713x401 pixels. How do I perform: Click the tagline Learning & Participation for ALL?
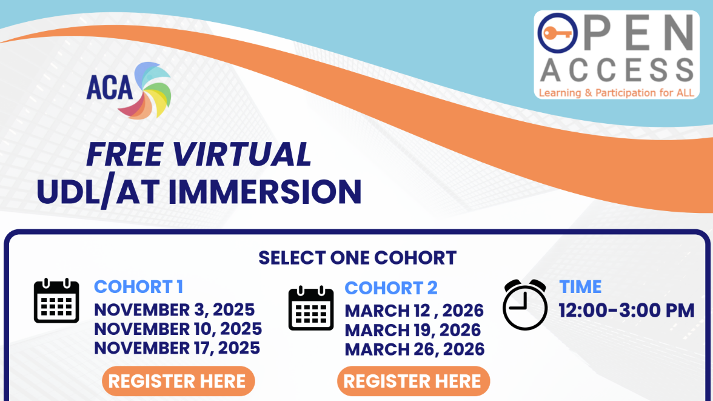click(x=616, y=93)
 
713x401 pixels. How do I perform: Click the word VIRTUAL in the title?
click(x=242, y=154)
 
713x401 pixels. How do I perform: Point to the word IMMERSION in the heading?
click(x=264, y=191)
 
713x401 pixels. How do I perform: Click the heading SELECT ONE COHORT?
click(x=357, y=258)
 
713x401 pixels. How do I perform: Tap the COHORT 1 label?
click(x=138, y=286)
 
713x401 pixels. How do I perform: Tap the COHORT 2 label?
click(x=390, y=288)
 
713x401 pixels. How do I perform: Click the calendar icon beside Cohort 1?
click(x=56, y=301)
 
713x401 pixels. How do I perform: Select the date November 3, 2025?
click(x=174, y=309)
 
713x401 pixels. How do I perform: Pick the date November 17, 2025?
click(x=177, y=348)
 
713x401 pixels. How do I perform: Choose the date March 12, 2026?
click(x=414, y=311)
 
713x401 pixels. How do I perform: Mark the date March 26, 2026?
click(x=415, y=349)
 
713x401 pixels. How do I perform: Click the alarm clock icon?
click(x=524, y=305)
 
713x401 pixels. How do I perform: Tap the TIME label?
click(x=580, y=286)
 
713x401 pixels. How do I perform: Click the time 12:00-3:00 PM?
click(x=626, y=311)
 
